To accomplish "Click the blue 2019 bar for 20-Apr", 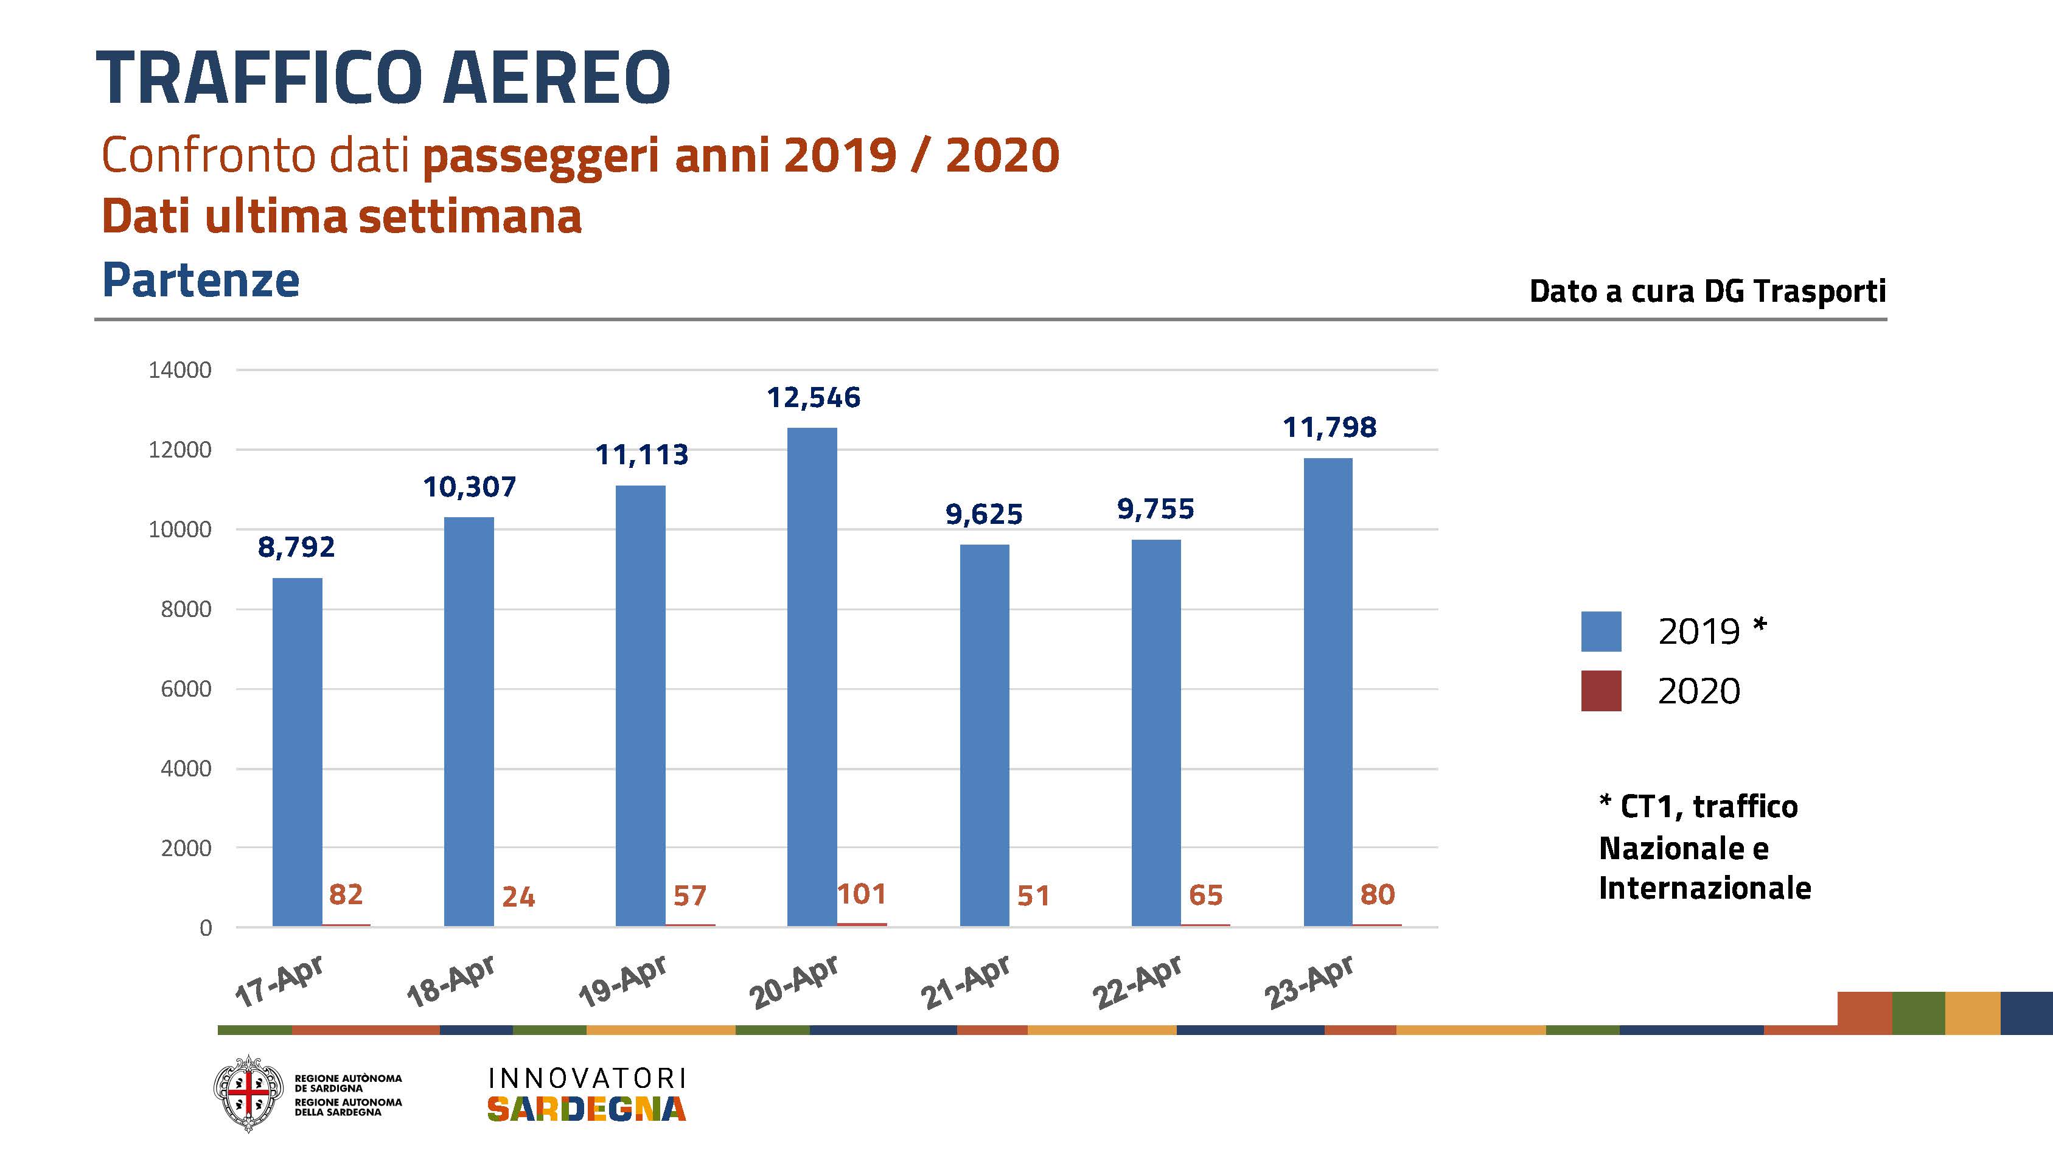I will click(812, 677).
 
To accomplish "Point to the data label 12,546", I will click(814, 397).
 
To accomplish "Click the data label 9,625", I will click(985, 514).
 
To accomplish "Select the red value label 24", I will click(518, 896).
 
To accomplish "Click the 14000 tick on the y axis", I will click(180, 370).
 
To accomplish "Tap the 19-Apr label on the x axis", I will click(622, 980).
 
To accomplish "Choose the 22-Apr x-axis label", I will click(1137, 980).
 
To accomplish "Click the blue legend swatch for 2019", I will click(1601, 631).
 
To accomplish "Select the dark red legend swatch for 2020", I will click(1601, 690).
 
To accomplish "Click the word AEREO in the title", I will click(557, 78).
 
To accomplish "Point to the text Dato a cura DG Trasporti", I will click(1707, 291).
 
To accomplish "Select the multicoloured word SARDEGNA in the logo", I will click(587, 1109).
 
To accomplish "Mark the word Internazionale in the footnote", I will click(1705, 888).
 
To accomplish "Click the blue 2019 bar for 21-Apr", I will click(985, 735).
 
